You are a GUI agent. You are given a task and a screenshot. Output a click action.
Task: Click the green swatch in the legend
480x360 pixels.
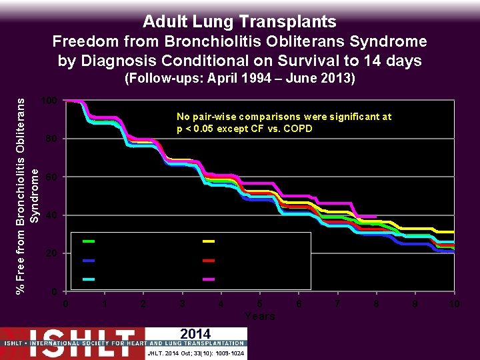(x=89, y=241)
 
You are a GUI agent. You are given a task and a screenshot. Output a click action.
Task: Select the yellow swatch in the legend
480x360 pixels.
(x=209, y=241)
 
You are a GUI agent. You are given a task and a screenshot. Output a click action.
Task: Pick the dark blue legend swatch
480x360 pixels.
(x=89, y=260)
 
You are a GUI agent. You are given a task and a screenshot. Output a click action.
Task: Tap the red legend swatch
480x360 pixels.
(x=209, y=260)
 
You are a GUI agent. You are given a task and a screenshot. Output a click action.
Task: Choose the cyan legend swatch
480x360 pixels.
(x=89, y=279)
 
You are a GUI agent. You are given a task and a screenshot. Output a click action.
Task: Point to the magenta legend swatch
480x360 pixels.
(x=209, y=279)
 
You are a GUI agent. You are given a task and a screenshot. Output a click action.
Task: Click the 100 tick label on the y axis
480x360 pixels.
(x=48, y=101)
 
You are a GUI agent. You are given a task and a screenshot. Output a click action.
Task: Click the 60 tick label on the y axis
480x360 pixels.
(x=51, y=177)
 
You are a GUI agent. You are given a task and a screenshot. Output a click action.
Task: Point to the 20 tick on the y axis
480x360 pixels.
(x=51, y=254)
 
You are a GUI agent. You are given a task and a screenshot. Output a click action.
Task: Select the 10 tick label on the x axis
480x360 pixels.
(x=454, y=304)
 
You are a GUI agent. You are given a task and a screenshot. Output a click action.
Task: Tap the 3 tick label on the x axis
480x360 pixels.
(x=182, y=304)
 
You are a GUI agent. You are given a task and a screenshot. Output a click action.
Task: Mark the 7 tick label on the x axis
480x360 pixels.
(x=337, y=304)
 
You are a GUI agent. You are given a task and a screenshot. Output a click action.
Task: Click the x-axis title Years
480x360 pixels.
(x=259, y=316)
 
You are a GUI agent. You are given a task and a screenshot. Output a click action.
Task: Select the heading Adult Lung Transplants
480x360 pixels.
(x=240, y=21)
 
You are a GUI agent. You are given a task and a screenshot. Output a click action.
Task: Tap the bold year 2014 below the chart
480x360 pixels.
(x=195, y=334)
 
